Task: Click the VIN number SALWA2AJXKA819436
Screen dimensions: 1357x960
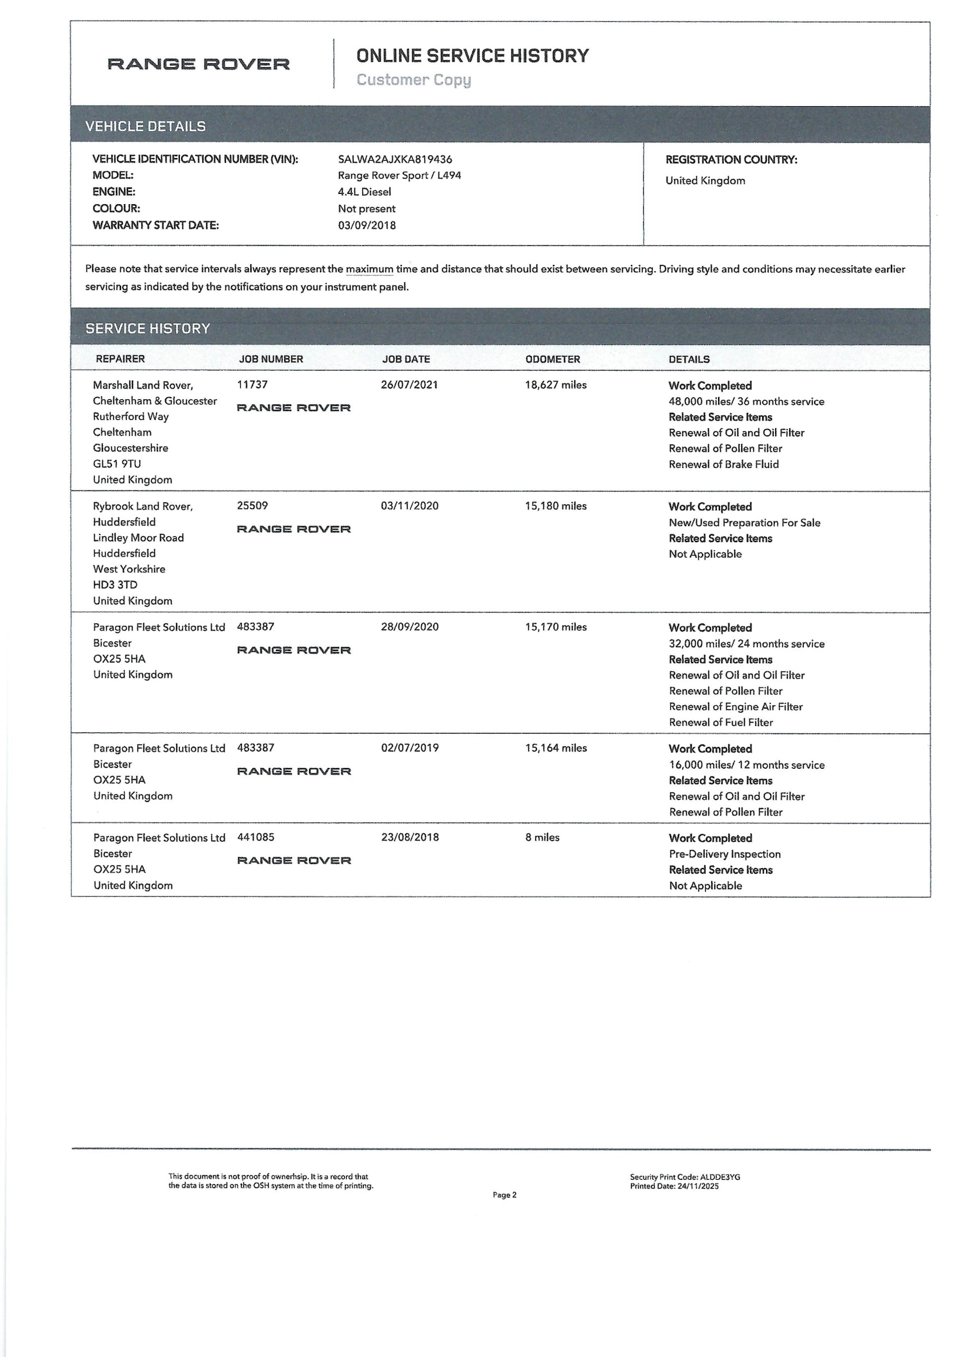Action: [x=395, y=159]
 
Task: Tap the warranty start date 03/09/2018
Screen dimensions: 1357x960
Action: [x=367, y=225]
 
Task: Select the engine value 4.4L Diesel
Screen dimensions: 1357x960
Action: [x=364, y=192]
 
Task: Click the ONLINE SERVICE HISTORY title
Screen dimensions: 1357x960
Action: [x=472, y=56]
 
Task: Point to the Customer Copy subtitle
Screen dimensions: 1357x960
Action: [x=413, y=80]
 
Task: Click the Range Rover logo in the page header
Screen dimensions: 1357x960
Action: [x=198, y=64]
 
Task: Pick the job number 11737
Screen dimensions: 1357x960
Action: [x=252, y=385]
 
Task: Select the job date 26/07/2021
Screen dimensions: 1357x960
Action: [x=409, y=385]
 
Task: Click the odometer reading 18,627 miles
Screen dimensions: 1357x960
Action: [x=556, y=385]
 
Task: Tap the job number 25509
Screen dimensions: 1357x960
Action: [x=252, y=506]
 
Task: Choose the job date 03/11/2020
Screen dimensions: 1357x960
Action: [x=410, y=506]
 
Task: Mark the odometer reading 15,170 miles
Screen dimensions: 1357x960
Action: [x=556, y=627]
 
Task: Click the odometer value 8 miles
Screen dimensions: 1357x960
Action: [x=542, y=837]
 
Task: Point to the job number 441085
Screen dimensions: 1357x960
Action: [x=255, y=837]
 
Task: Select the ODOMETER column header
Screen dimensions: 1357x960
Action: [x=552, y=359]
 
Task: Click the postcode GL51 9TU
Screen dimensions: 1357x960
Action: [x=116, y=464]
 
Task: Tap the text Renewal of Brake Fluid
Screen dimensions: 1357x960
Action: [x=723, y=464]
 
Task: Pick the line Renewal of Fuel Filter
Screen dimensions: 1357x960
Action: [x=721, y=722]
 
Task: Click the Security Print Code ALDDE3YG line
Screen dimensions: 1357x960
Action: [x=685, y=1177]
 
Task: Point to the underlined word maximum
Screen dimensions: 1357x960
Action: [x=369, y=269]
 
